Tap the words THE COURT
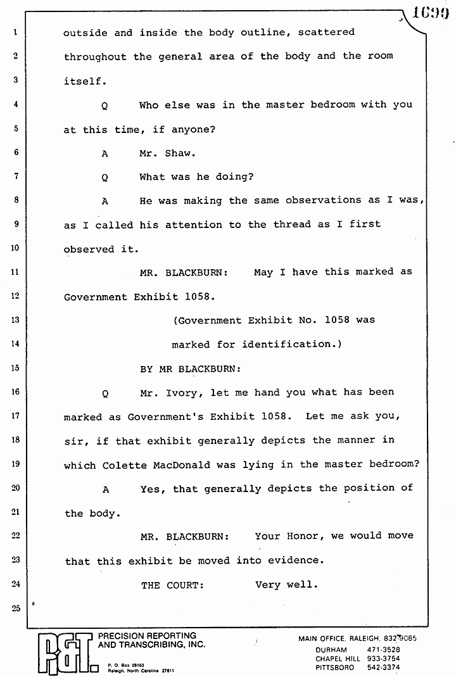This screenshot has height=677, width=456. coord(172,585)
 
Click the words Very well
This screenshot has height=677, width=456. coord(286,585)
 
